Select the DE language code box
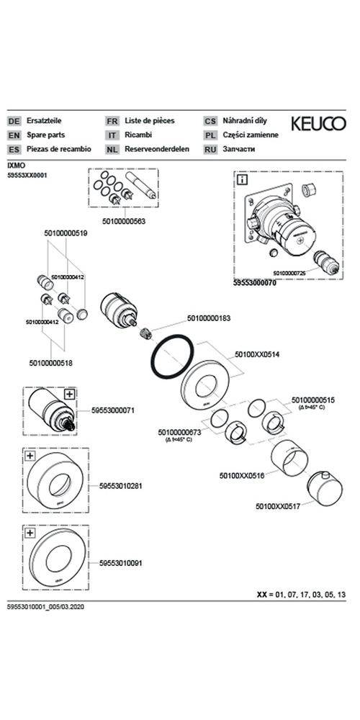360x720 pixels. pos(14,121)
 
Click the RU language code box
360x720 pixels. pos(210,149)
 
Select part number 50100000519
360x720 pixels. pos(66,233)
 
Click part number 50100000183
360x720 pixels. pos(209,318)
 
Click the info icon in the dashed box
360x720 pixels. pos(243,179)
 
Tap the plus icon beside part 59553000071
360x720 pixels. pos(69,394)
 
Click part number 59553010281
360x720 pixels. pos(120,486)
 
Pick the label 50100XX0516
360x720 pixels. pos(241,476)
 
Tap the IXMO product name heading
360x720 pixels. pos(15,165)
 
